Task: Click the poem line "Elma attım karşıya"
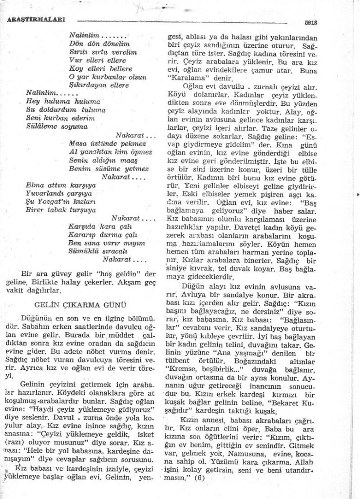pyautogui.click(x=60, y=186)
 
